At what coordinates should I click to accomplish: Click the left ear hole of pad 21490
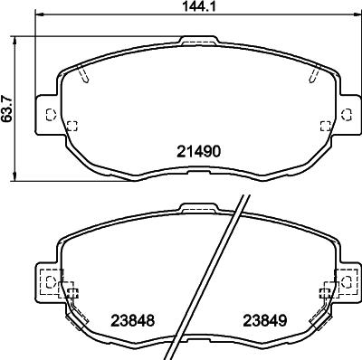pos(49,114)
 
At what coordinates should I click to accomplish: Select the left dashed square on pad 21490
pos(72,126)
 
